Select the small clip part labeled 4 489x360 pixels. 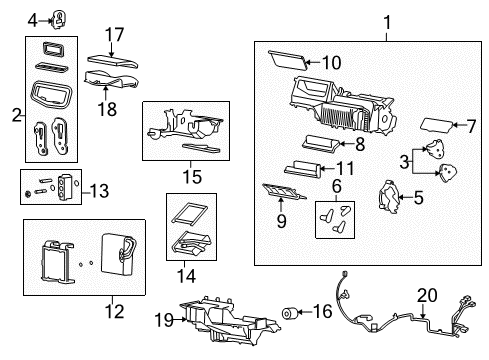(x=58, y=18)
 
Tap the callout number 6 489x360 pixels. (x=338, y=187)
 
